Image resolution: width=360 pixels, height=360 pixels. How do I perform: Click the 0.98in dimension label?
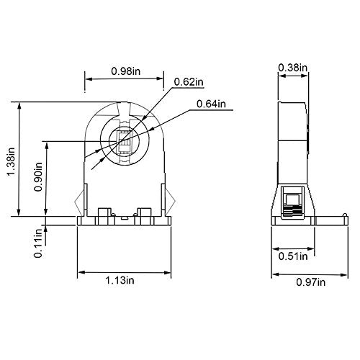[125, 71]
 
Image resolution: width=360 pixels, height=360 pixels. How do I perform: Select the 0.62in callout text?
[189, 82]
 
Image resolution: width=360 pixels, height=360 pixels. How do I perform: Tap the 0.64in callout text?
[211, 104]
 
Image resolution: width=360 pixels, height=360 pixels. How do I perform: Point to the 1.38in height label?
[11, 162]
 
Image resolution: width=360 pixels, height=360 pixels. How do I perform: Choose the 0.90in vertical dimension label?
[38, 177]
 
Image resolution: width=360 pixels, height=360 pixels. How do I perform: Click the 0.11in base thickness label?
[38, 243]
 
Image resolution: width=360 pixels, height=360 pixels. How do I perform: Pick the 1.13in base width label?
[120, 280]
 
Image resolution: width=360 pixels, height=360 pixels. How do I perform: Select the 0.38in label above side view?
[292, 68]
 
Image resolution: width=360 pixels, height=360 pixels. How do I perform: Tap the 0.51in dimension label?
[293, 256]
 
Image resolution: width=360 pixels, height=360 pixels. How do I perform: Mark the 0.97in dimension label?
[311, 282]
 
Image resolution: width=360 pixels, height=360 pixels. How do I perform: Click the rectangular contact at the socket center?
[125, 142]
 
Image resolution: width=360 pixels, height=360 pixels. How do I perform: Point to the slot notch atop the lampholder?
[124, 109]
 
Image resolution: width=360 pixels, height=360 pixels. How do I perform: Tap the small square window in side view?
[293, 199]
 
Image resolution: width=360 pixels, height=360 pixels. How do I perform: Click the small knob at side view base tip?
[345, 215]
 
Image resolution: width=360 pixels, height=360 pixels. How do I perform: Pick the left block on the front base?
[104, 217]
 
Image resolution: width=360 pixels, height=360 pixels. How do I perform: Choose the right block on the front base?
[145, 217]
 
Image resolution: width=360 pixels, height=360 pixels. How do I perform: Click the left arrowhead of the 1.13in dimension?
[81, 272]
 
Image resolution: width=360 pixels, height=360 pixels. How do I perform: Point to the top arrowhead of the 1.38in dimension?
[19, 107]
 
